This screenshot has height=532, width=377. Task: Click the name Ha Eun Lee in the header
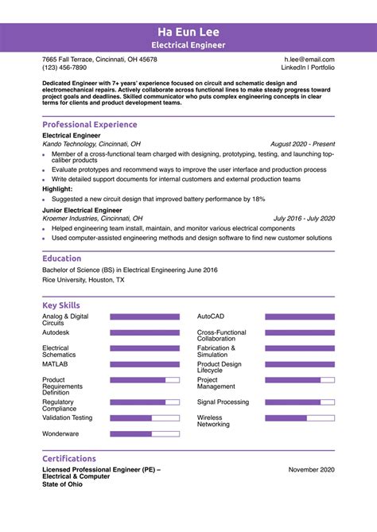188,32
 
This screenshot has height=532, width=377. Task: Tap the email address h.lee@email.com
309,60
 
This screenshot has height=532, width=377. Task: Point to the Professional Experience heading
89,125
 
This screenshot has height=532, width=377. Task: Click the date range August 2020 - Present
302,145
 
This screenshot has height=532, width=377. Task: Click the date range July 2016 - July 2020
304,218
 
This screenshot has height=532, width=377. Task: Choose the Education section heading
61,258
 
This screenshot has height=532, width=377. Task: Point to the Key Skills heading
60,305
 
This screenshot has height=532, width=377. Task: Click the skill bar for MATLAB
145,364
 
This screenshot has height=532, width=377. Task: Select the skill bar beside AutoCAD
300,316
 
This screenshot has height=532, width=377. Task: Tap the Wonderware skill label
60,433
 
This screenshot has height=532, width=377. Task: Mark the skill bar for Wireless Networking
300,417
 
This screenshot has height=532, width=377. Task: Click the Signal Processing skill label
223,402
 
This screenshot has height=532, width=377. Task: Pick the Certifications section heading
68,459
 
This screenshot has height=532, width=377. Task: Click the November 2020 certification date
311,470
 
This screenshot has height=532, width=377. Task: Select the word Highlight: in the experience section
57,189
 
